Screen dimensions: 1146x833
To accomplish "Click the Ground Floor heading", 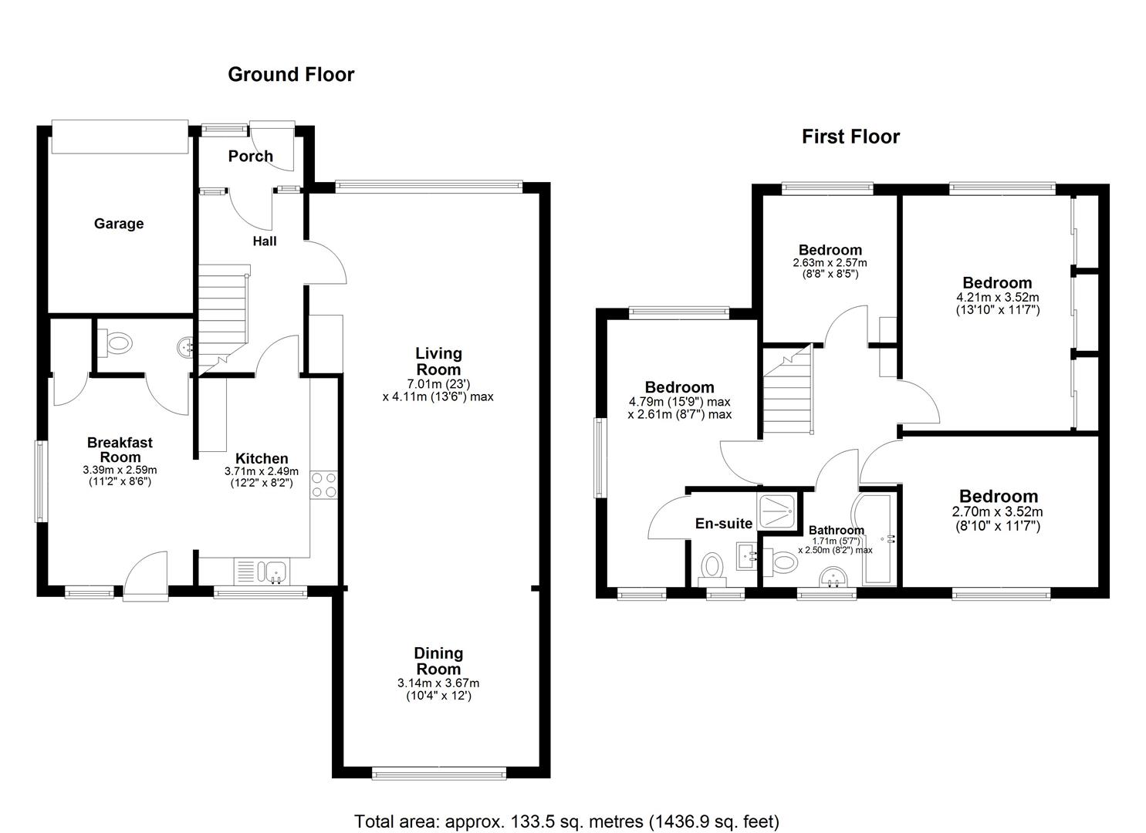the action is point(291,75).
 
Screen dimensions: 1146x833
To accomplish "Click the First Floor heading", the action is point(850,137).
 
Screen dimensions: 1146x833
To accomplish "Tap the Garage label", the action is point(119,224).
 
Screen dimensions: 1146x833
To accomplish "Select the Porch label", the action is point(250,156).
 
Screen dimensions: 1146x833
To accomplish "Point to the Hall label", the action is point(265,241).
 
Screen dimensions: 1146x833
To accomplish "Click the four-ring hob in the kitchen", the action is point(324,485).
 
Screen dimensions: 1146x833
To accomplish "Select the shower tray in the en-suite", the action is point(776,511).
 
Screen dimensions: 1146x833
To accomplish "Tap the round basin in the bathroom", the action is point(833,578).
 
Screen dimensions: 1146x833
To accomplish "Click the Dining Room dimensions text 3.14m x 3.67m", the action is point(438,683).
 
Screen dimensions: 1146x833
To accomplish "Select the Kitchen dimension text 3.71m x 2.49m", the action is point(262,471).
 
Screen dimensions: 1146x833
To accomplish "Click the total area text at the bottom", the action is point(567,821).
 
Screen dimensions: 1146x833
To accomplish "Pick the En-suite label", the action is point(723,523).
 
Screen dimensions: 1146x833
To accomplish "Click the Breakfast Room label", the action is point(120,450).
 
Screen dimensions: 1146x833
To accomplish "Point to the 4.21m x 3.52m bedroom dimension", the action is point(998,297).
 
